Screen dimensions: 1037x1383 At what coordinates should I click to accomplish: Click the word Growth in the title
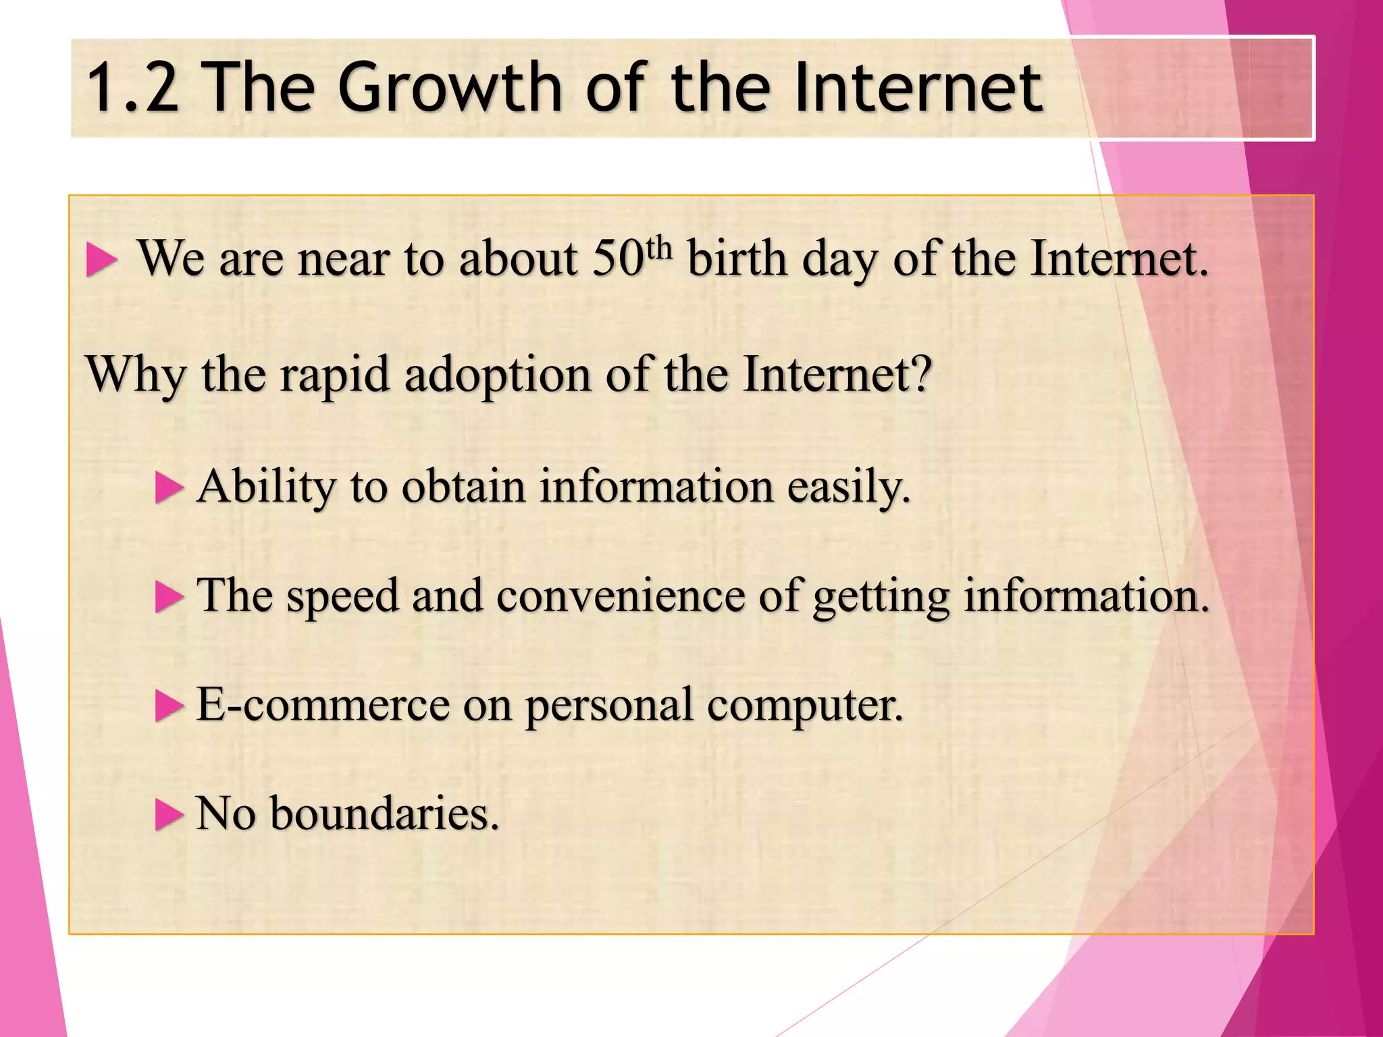tap(449, 88)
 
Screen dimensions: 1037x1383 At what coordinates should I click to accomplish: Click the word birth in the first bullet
tap(737, 259)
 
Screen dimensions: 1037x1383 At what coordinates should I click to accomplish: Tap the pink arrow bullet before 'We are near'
tap(101, 261)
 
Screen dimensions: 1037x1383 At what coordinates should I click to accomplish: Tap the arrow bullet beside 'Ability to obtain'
tap(169, 487)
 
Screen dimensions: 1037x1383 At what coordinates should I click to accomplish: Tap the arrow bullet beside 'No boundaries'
tap(169, 814)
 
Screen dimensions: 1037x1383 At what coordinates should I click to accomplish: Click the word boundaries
tap(384, 814)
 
